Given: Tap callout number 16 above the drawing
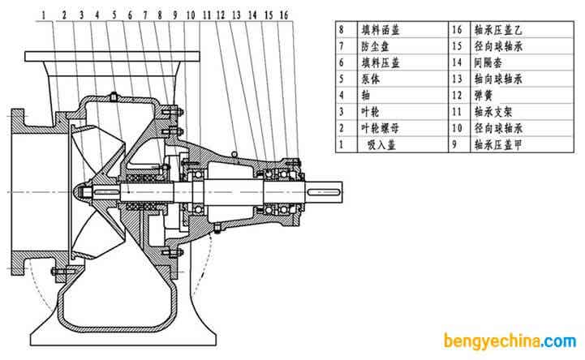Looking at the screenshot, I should [283, 15].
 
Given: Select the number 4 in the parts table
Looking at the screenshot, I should [343, 96].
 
